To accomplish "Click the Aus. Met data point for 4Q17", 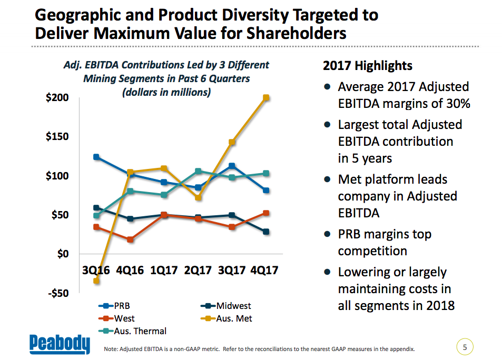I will tap(266, 98).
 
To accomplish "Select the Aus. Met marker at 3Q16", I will tap(96, 281).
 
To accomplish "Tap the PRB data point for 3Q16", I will tap(96, 157).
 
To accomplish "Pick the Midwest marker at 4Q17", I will tap(266, 232).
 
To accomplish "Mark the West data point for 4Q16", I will tap(130, 239).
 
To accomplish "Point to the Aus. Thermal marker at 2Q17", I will tap(198, 171).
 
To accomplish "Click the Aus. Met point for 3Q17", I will tap(232, 142).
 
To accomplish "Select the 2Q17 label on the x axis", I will tap(198, 271).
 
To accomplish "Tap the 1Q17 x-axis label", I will tap(164, 271).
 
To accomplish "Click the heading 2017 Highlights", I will tap(367, 66).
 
